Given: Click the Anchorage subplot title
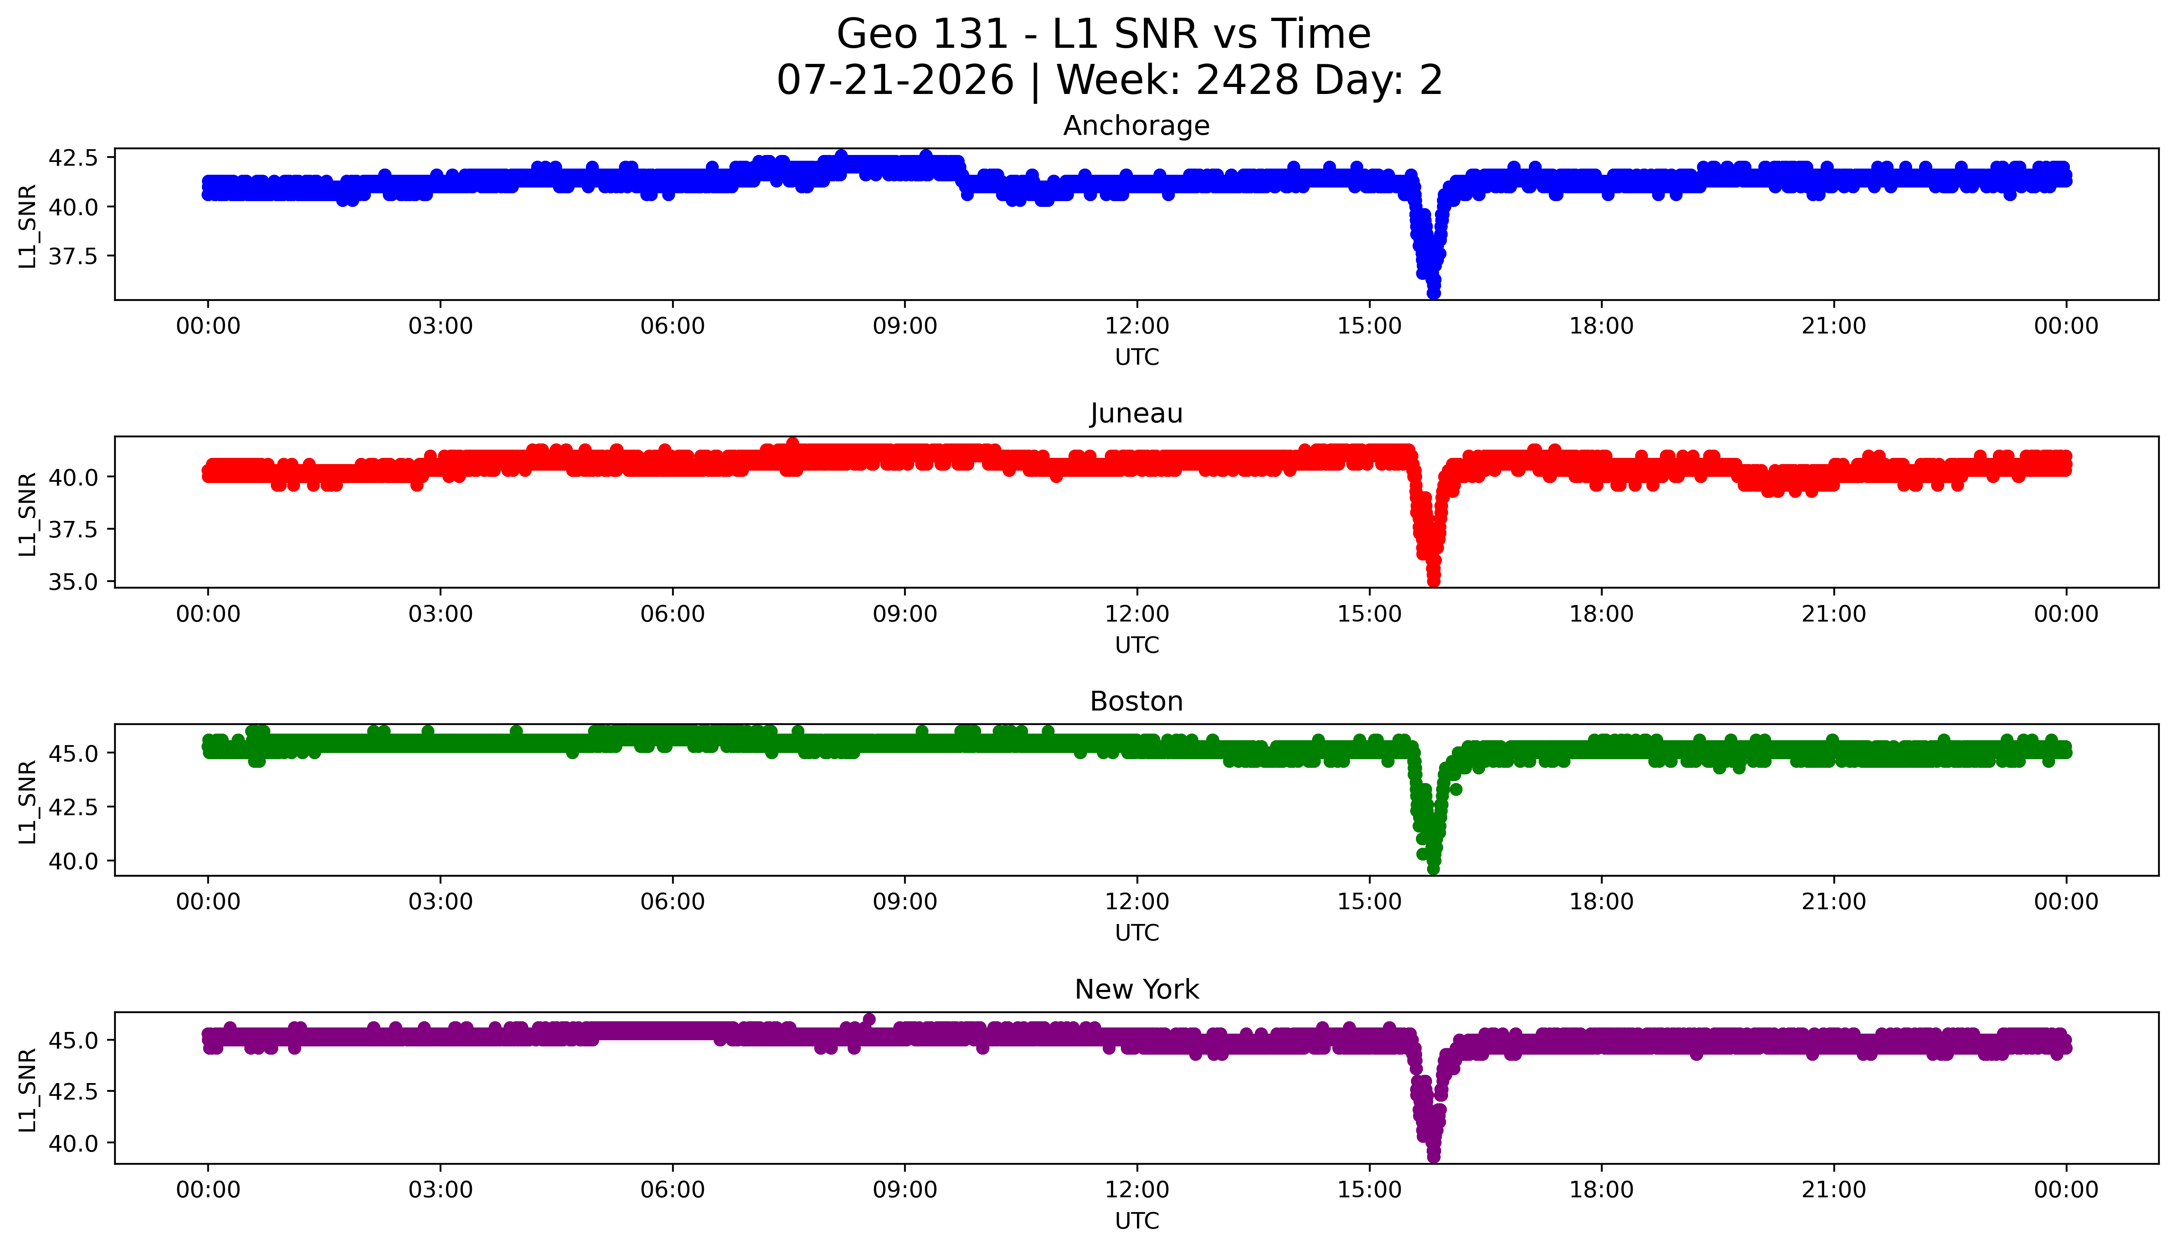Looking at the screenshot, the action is click(1137, 126).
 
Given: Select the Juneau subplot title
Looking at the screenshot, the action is click(1137, 414).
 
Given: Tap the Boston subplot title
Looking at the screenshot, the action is click(1137, 701).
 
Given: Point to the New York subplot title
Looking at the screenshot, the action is click(1137, 990).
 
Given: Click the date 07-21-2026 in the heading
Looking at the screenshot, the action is click(895, 81).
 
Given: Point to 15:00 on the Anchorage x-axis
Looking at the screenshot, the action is click(1369, 326).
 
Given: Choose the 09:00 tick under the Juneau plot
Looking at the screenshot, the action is click(905, 614).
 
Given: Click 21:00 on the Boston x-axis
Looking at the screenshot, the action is click(1833, 901).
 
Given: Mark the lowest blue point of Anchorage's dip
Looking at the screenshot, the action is click(1433, 293).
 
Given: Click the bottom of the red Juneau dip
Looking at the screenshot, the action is click(1433, 581).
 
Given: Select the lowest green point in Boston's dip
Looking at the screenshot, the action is click(1433, 869).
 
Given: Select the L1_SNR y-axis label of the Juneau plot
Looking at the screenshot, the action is click(28, 514).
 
